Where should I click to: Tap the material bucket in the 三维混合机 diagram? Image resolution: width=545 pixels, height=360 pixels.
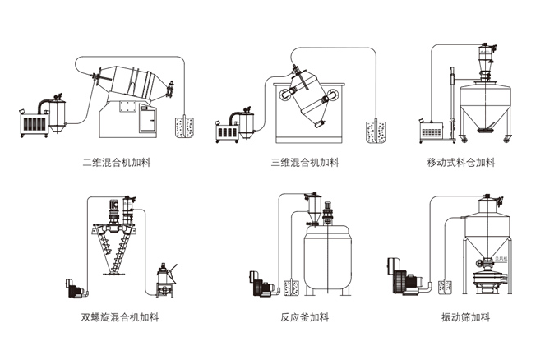tap(376, 130)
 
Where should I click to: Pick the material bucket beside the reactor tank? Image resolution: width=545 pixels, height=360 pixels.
tap(289, 287)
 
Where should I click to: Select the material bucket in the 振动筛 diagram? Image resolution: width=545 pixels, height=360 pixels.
tap(446, 287)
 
